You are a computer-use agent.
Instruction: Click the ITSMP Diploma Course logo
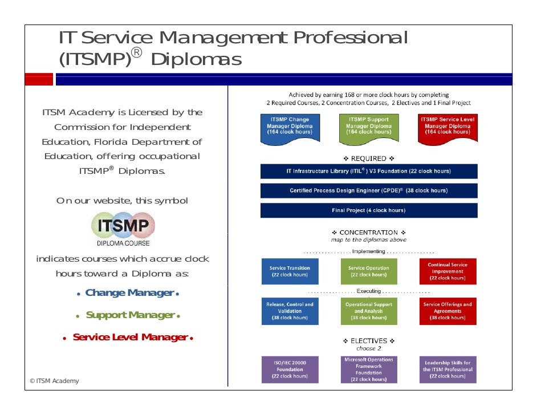coord(123,229)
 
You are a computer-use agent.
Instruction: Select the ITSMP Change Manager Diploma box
coord(290,128)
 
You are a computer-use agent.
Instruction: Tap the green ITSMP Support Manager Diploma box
coord(368,128)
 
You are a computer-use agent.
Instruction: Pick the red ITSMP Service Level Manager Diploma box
coord(447,128)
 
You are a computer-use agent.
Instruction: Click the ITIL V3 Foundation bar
coord(368,171)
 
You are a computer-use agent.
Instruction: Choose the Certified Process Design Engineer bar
coord(368,190)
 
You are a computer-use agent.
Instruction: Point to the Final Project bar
coord(368,210)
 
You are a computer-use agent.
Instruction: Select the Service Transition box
coord(290,271)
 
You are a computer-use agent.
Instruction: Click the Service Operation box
coord(368,271)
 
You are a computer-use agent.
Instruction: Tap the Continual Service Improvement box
coord(447,271)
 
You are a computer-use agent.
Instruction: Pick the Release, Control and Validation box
coord(290,311)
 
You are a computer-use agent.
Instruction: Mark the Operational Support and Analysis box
coord(368,311)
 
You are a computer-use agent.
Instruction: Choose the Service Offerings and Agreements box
coord(447,311)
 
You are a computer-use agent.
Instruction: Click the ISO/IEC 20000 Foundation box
coord(290,369)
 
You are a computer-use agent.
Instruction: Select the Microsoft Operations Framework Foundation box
coord(368,369)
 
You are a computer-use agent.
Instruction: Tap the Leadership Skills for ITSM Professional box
coord(447,369)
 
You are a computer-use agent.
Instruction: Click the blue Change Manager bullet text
coord(129,293)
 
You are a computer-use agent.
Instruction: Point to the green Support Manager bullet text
coord(130,315)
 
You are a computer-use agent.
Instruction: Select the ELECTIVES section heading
coord(368,341)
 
